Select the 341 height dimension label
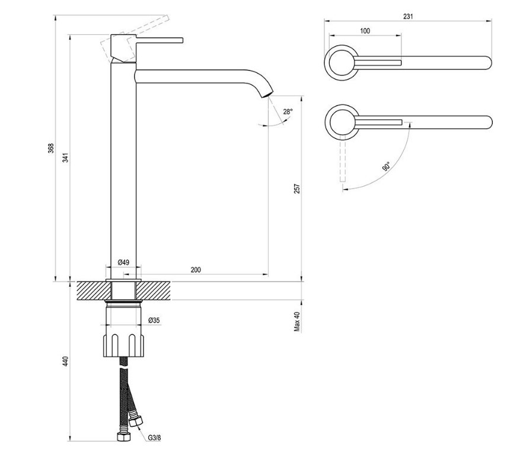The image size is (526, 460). (66, 158)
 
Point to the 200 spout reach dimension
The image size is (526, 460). (196, 270)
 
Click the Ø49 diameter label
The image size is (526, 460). (123, 262)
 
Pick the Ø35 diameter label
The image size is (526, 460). (154, 321)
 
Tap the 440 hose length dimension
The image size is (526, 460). (66, 361)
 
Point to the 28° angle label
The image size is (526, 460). (288, 111)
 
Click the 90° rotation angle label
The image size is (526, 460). (385, 167)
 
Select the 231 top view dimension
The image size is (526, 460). (408, 17)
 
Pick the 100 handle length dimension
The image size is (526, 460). (365, 31)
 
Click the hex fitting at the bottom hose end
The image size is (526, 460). (123, 438)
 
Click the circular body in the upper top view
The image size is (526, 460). (342, 62)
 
